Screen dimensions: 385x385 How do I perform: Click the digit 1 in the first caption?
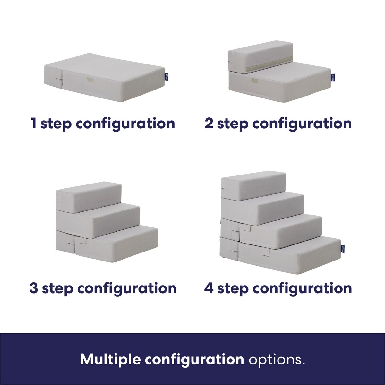[x=33, y=124]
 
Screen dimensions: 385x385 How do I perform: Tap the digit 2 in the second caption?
[x=209, y=124]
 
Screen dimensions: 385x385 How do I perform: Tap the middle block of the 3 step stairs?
[x=98, y=222]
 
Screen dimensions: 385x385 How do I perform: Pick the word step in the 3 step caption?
[x=57, y=289]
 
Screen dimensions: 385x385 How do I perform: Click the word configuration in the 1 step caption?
[x=126, y=124]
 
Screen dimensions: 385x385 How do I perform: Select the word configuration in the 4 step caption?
[x=303, y=289]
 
